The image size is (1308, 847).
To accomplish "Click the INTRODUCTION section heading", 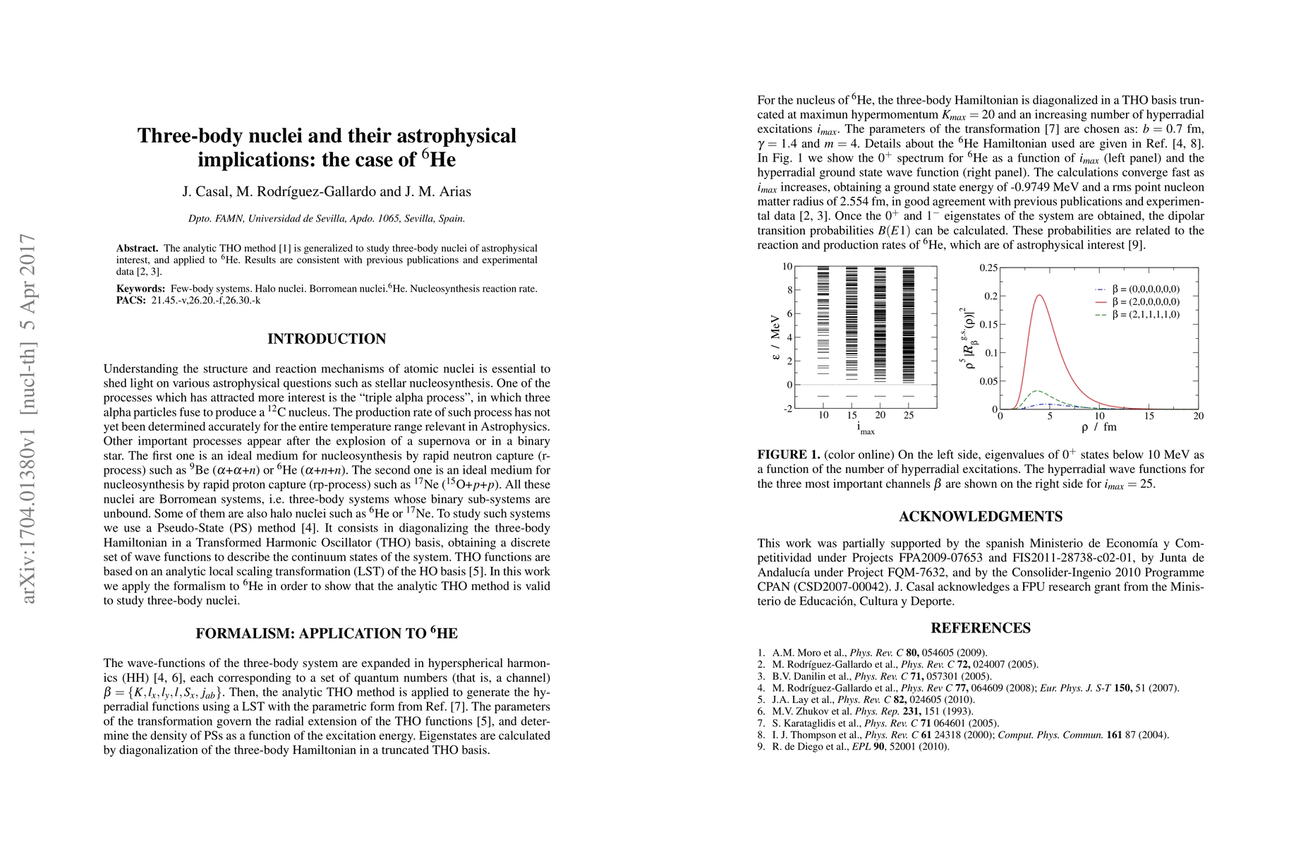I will coord(327,339).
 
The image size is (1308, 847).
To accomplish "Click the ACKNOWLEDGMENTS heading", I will coord(981,517).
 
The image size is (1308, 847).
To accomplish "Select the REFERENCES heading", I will coord(981,628).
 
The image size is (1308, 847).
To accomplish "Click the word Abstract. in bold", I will coord(138,248).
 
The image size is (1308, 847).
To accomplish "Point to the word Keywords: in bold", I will coord(140,289).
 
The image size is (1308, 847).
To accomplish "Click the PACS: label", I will coord(131,300).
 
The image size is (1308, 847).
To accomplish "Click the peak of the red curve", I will coord(1039,295).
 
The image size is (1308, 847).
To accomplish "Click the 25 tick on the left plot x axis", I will coord(909,415).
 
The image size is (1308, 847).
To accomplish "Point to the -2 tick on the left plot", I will coord(787,409).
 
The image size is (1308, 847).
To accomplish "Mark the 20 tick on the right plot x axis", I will coord(1198,416).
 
